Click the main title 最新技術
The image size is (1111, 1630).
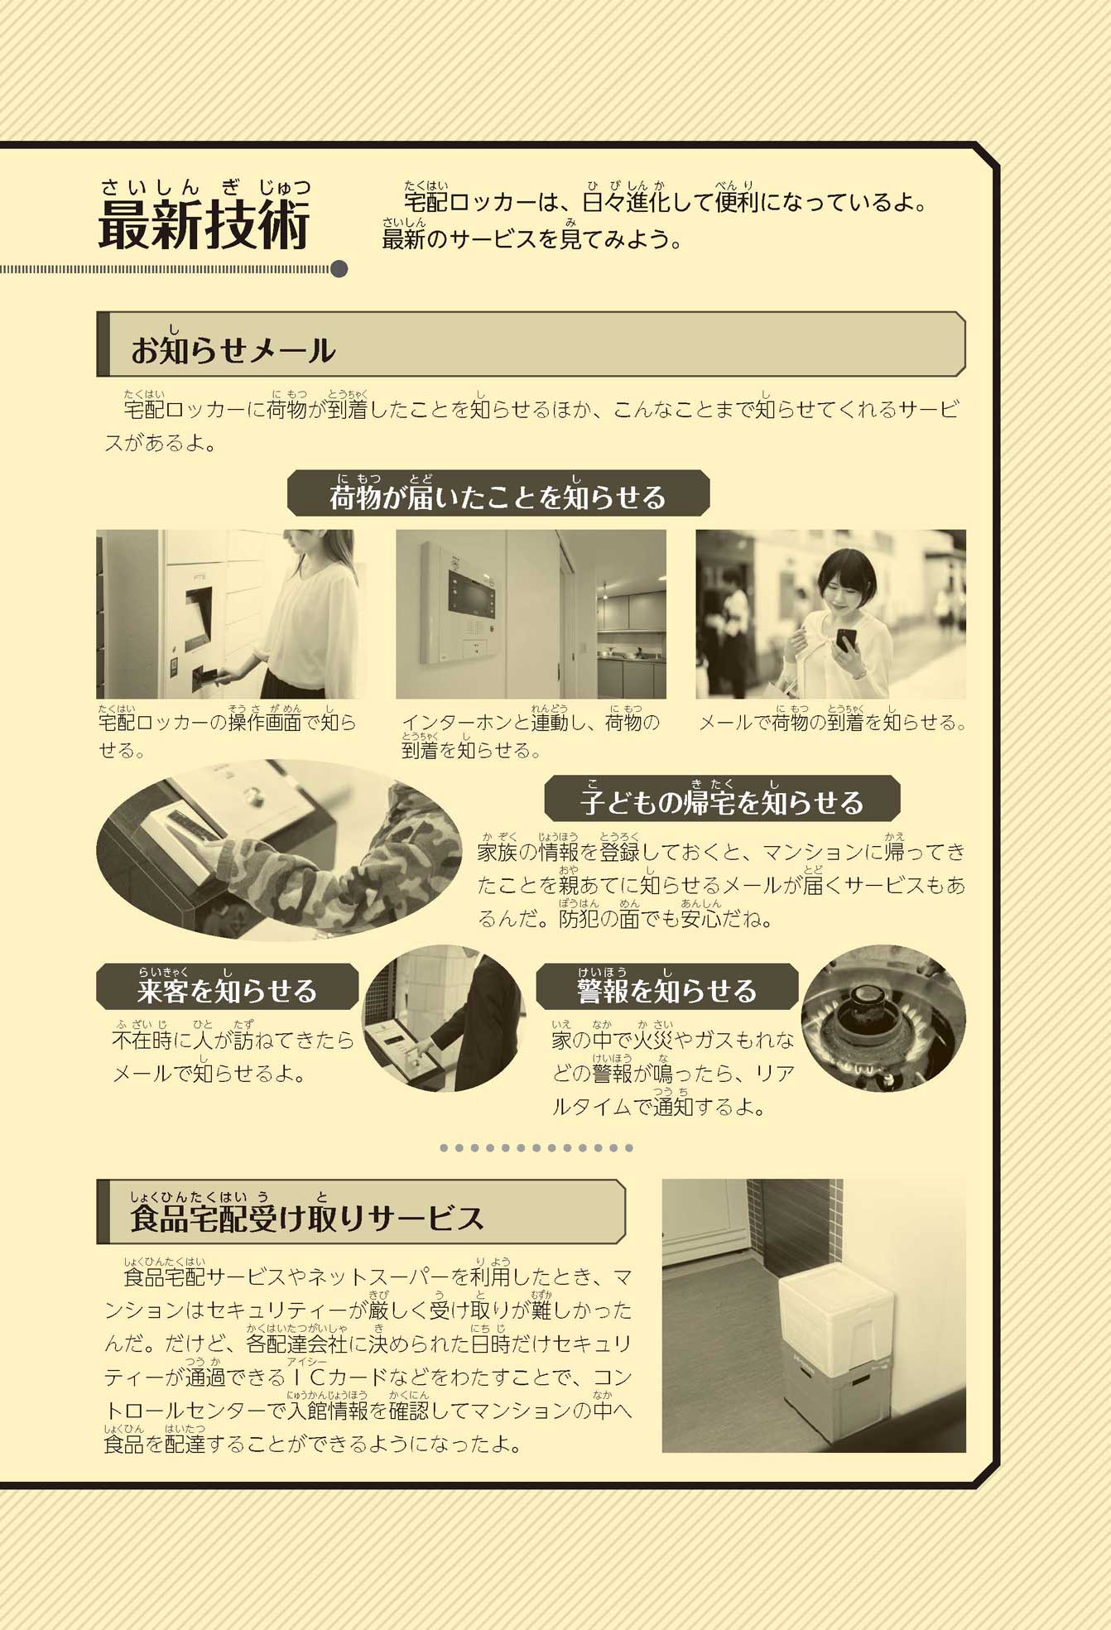tap(204, 224)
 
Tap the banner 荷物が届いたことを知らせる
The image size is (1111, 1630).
tap(498, 497)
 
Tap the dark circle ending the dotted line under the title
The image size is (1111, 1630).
tap(339, 269)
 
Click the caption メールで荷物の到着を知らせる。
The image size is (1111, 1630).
tap(833, 723)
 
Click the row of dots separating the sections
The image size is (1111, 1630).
tap(536, 1148)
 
